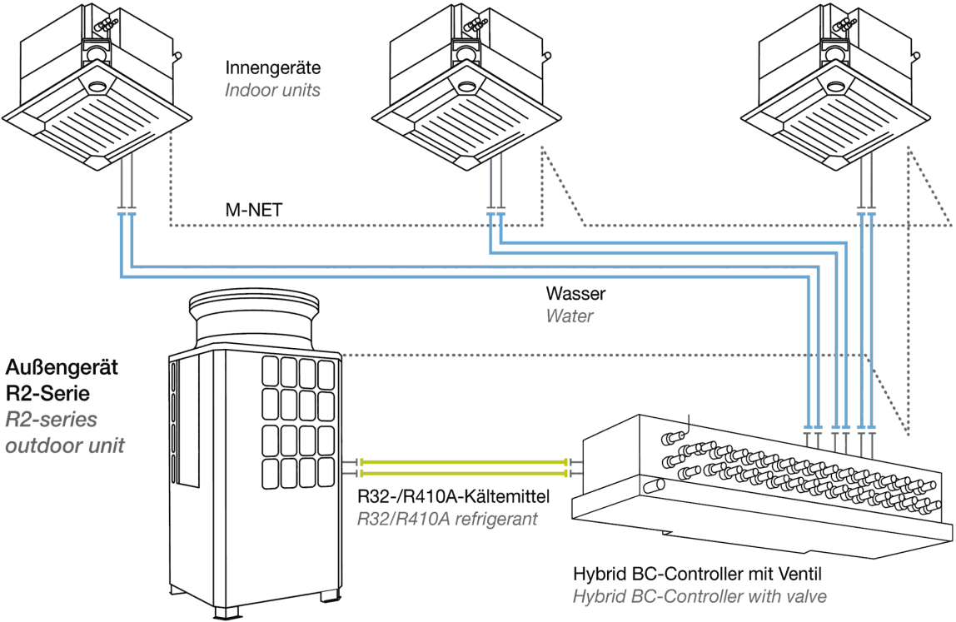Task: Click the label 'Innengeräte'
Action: (x=272, y=67)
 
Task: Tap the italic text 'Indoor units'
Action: (x=272, y=90)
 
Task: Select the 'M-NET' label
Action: (x=254, y=210)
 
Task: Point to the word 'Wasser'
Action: (x=575, y=293)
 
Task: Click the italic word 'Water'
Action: (x=570, y=316)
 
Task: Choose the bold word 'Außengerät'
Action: (x=62, y=367)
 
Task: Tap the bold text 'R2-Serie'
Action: (x=47, y=393)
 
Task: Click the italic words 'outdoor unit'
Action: (x=65, y=445)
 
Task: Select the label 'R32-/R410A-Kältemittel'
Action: (x=454, y=496)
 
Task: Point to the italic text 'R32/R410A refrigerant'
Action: (x=447, y=519)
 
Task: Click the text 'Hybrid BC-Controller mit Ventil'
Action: (x=698, y=574)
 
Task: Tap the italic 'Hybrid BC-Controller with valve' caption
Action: (x=700, y=596)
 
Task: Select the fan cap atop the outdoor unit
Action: (x=254, y=317)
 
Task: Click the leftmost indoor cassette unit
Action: (x=97, y=86)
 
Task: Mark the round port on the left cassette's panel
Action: (x=97, y=87)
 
